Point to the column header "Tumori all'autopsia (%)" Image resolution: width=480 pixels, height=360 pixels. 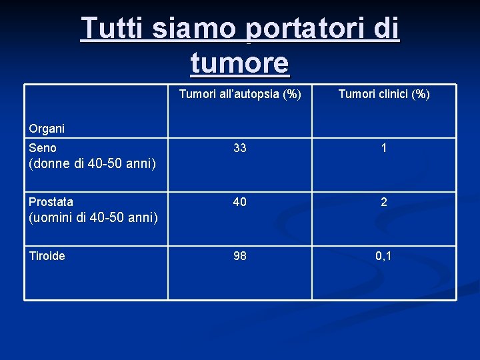[x=240, y=94]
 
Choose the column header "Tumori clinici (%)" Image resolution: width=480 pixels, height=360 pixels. [x=384, y=94]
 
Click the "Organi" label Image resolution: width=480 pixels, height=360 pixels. [x=47, y=128]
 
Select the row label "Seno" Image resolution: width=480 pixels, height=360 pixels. [x=43, y=148]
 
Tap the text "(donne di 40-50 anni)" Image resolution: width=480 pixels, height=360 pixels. [x=92, y=163]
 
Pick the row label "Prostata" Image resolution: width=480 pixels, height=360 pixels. [x=51, y=201]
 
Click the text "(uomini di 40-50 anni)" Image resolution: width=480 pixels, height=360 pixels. [x=93, y=217]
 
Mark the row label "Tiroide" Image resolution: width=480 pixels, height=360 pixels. [x=47, y=256]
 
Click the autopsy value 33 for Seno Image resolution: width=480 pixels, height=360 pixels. [x=240, y=148]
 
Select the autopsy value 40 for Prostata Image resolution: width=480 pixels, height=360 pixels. [x=240, y=202]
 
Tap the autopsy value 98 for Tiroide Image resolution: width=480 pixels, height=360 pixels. [x=240, y=256]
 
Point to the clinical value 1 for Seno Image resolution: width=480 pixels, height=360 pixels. [x=384, y=148]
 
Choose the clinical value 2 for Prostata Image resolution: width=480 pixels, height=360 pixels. [x=384, y=202]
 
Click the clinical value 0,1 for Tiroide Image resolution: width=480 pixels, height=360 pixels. [x=383, y=256]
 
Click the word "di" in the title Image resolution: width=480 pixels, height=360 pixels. [x=386, y=29]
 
